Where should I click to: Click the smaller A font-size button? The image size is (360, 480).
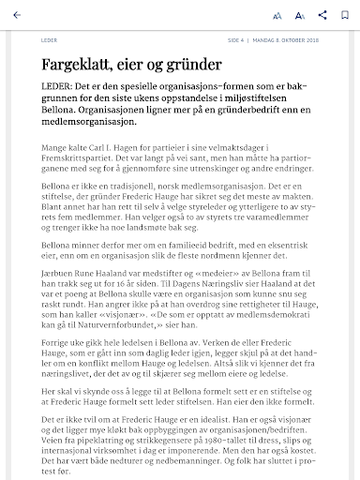pyautogui.click(x=277, y=16)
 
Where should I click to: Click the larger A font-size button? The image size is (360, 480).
pyautogui.click(x=299, y=16)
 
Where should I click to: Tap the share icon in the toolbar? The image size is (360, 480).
pyautogui.click(x=322, y=16)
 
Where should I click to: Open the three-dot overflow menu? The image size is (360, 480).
pyautogui.click(x=343, y=16)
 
